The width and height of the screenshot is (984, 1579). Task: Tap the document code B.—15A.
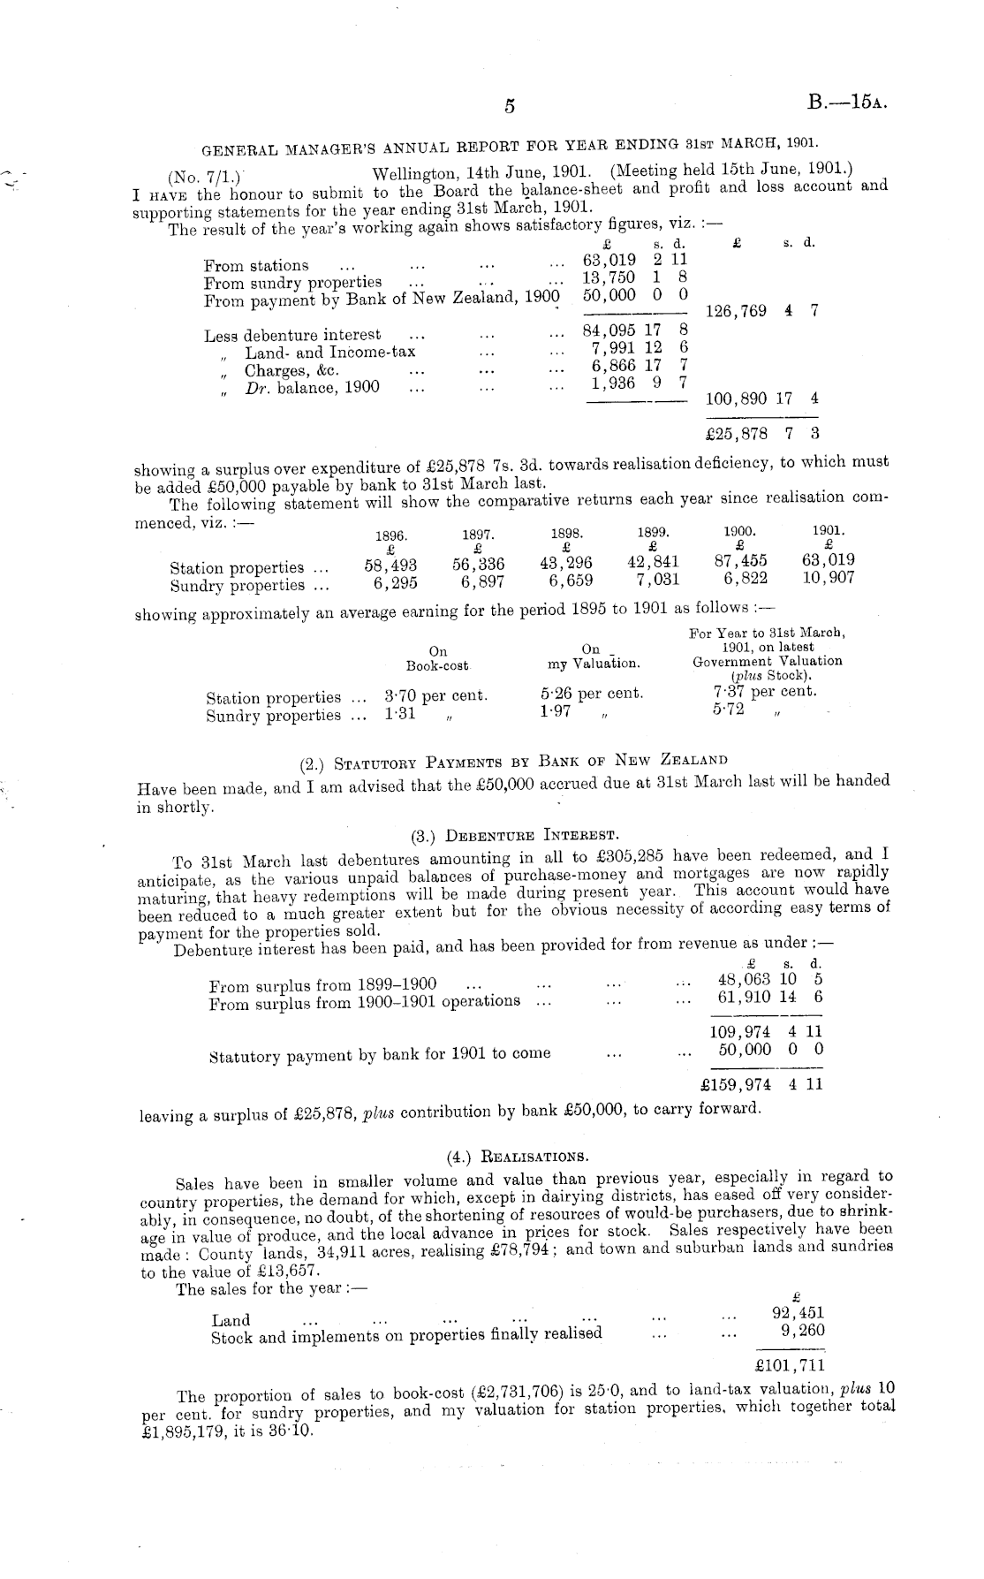click(846, 102)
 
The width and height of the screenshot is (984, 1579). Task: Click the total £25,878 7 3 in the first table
click(762, 434)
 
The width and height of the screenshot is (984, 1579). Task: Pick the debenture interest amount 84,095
click(609, 333)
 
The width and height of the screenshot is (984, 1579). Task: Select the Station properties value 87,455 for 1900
click(740, 560)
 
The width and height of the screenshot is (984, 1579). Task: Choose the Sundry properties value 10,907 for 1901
click(828, 579)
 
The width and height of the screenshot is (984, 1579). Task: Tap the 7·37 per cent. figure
click(764, 692)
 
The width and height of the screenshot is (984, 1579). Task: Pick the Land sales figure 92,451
click(798, 1312)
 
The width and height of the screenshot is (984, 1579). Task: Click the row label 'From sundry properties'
click(292, 283)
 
